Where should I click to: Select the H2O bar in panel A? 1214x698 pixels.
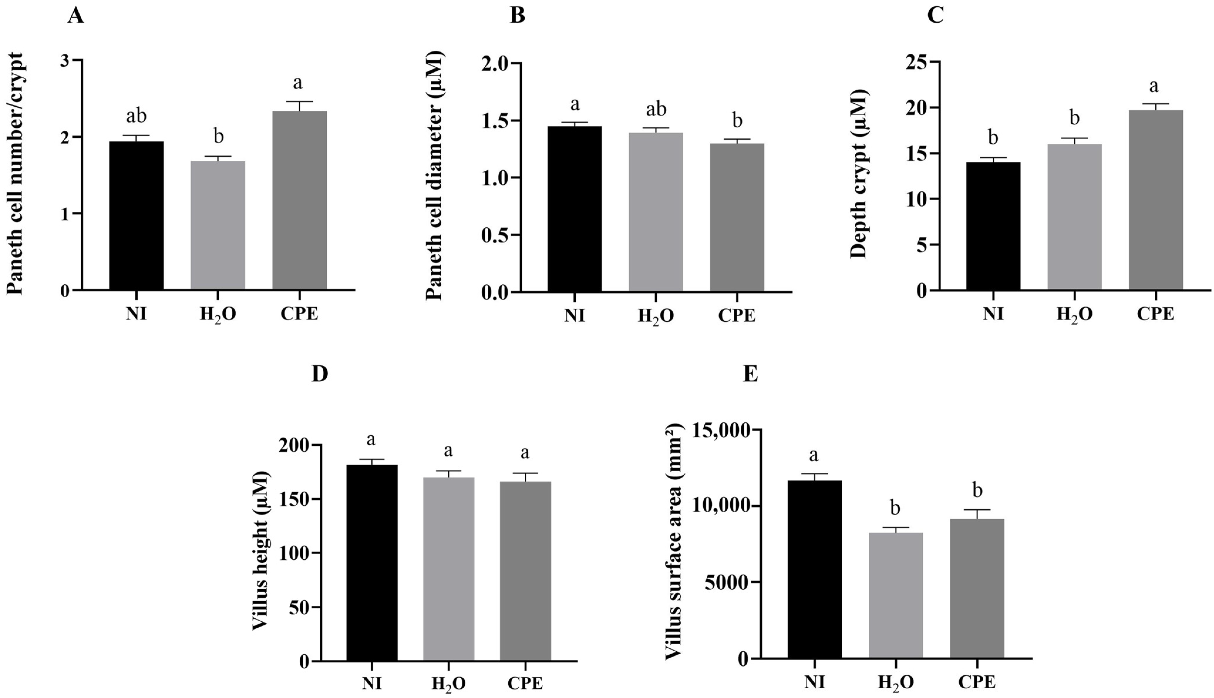click(x=218, y=225)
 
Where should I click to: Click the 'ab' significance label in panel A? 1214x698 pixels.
click(x=137, y=116)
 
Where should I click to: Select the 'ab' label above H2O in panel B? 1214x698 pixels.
click(x=656, y=109)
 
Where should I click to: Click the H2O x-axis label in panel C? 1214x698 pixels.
click(x=1075, y=315)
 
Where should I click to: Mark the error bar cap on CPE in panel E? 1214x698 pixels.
click(x=977, y=510)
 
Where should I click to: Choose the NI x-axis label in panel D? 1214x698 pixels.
click(x=372, y=683)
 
